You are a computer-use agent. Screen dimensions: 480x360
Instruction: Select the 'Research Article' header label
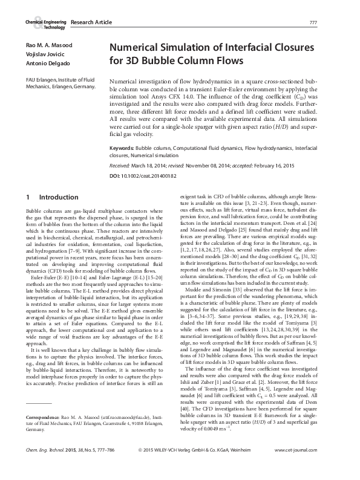click(91, 22)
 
